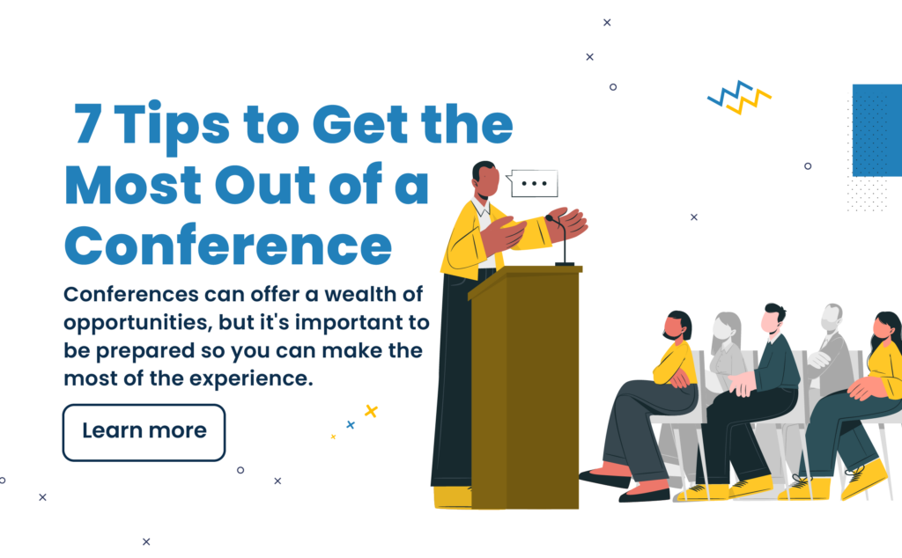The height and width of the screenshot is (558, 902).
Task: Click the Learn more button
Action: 144,433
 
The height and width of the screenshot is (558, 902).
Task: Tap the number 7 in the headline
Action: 88,123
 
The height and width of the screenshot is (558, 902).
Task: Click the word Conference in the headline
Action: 228,246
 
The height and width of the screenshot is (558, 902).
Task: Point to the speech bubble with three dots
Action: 533,183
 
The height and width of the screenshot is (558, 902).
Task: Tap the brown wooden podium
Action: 524,386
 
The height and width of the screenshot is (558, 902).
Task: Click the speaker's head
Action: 485,180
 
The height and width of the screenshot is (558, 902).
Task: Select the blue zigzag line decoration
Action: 729,93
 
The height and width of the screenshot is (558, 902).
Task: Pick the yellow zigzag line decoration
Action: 749,102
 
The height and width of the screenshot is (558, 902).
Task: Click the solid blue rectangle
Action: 876,130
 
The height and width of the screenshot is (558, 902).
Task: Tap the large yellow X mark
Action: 371,411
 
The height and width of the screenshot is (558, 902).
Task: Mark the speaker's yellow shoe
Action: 452,497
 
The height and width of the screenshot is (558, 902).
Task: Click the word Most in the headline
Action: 133,185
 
